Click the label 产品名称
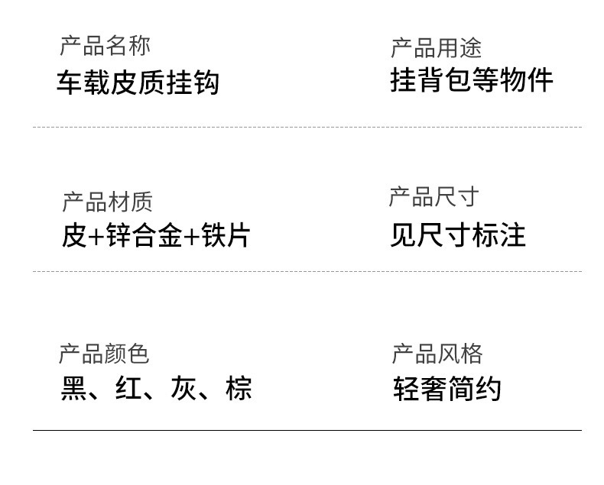pos(105,46)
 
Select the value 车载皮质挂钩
pos(138,82)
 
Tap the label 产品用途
pos(436,48)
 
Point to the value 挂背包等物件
pos(472,79)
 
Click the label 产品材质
pos(107,202)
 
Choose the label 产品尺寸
pos(434,197)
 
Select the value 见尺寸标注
pos(458,234)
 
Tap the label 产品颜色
pos(103,354)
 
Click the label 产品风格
pos(437,354)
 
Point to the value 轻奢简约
pos(447,389)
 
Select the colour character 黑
pos(73,388)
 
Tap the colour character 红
pos(128,388)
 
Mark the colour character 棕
pos(239,388)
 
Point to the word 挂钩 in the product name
pos(192,82)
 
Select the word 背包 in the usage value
pos(444,79)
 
